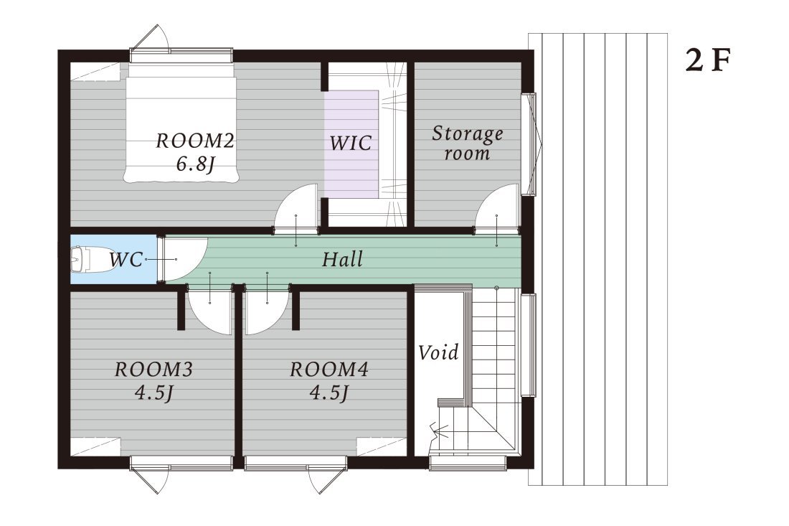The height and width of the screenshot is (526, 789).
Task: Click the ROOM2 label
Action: coord(195,141)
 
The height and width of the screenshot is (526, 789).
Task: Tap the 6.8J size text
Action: coord(196,164)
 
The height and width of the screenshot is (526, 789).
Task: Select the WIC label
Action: coord(351,143)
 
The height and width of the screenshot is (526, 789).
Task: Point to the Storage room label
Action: coord(468,143)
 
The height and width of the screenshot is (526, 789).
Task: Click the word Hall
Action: coord(342,259)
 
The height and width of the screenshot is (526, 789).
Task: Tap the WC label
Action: coord(126,259)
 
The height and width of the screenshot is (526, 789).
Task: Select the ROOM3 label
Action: coord(154,370)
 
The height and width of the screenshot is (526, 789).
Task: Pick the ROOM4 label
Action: coord(329,370)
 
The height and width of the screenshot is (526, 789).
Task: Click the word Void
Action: coord(438,352)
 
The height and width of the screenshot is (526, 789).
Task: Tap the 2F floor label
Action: coord(707,60)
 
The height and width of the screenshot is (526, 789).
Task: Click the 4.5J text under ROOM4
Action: coord(329,392)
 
